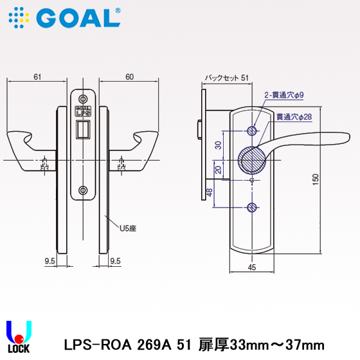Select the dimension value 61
point(37,77)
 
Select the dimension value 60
point(129,77)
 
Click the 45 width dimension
point(251,268)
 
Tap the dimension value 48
point(209,192)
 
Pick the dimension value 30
point(218,145)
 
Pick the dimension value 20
point(218,170)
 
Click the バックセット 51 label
point(226,78)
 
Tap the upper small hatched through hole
point(251,131)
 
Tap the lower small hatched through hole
point(251,207)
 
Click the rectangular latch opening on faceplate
point(82,130)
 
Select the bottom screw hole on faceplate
point(82,190)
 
